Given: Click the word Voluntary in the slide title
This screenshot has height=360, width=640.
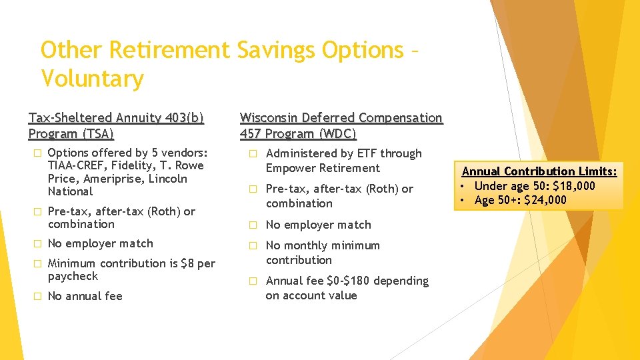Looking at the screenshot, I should (92, 79).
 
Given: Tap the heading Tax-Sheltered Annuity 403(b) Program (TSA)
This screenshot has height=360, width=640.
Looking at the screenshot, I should (116, 125).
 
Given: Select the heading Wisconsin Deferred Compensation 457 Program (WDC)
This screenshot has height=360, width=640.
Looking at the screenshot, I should (341, 125).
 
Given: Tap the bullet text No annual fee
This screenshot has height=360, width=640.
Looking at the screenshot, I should (85, 296).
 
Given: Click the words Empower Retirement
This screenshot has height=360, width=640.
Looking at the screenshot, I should (323, 168).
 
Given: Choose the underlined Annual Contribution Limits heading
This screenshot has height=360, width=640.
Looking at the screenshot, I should (540, 171).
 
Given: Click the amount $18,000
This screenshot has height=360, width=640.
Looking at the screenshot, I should (574, 185).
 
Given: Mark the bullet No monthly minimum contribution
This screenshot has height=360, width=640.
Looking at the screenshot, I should (323, 253).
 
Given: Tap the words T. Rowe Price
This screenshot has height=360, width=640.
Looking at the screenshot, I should (126, 172).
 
